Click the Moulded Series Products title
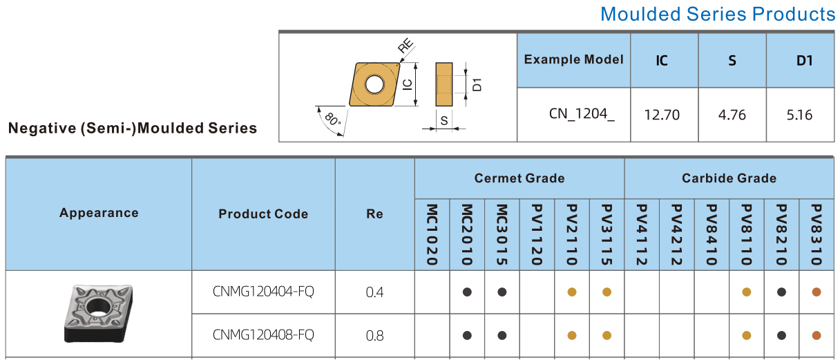pyautogui.click(x=717, y=14)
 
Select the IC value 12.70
pyautogui.click(x=662, y=115)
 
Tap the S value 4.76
pyautogui.click(x=732, y=115)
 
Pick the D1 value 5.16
pyautogui.click(x=799, y=115)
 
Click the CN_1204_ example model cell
pyautogui.click(x=582, y=115)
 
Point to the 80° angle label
pyautogui.click(x=333, y=120)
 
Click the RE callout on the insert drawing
pyautogui.click(x=405, y=47)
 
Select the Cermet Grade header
pyautogui.click(x=519, y=178)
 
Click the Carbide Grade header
pyautogui.click(x=729, y=178)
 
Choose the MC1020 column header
pyautogui.click(x=432, y=235)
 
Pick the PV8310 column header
pyautogui.click(x=816, y=235)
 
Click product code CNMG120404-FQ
pyautogui.click(x=263, y=292)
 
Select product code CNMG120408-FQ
pyautogui.click(x=263, y=335)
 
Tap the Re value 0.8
pyautogui.click(x=374, y=336)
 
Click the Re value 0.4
pyautogui.click(x=374, y=292)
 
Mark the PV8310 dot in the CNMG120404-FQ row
pyautogui.click(x=816, y=292)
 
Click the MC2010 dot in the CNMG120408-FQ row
pyautogui.click(x=467, y=336)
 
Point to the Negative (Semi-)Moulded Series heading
pyautogui.click(x=132, y=128)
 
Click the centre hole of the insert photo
pyautogui.click(x=97, y=307)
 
